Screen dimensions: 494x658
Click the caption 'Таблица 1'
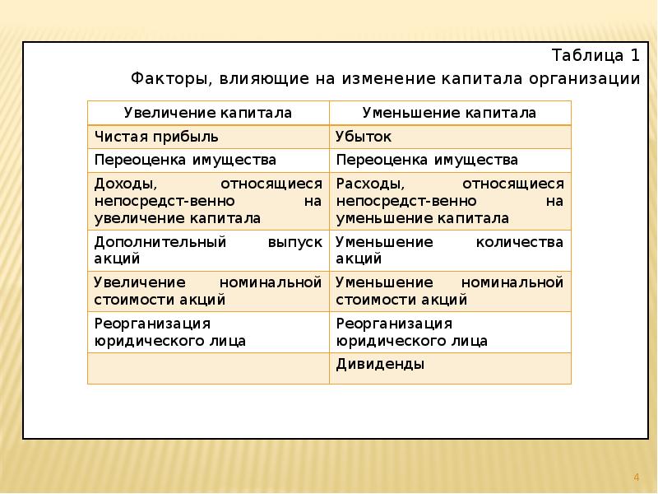pos(595,56)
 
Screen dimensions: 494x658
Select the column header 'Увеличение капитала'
pos(208,113)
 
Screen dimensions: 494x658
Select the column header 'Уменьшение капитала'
pos(449,113)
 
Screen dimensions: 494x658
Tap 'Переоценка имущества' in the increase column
pos(185,160)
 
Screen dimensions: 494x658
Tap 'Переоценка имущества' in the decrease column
pos(427,160)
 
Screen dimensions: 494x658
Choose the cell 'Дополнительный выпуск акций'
pos(208,250)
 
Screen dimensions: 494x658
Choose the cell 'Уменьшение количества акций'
pos(449,250)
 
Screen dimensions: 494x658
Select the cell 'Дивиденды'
pos(380,364)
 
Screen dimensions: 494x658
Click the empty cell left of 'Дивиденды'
pos(208,368)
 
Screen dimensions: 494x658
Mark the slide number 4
pos(636,478)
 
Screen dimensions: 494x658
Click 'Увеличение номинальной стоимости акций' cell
pos(208,291)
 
